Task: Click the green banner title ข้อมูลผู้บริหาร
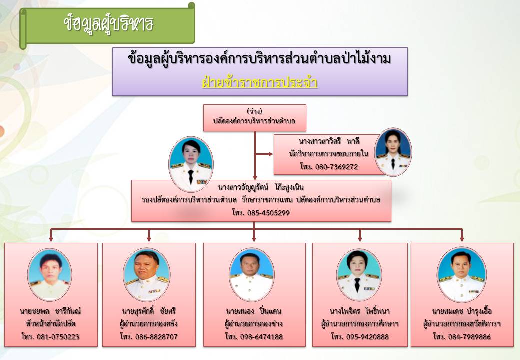[109, 24]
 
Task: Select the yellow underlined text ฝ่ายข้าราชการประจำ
[260, 83]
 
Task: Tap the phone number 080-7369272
[337, 166]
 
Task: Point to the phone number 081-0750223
[58, 337]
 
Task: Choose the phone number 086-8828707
[156, 337]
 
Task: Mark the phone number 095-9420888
[368, 337]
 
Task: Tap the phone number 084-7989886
[469, 337]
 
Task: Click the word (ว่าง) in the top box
[254, 111]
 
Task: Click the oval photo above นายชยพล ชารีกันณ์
[49, 275]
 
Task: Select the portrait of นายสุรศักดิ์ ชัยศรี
[147, 275]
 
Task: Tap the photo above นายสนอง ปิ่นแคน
[251, 275]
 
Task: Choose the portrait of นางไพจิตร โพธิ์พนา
[359, 275]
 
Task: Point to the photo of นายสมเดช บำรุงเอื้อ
[462, 275]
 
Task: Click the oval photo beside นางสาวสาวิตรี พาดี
[393, 152]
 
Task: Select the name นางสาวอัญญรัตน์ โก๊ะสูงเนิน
[261, 187]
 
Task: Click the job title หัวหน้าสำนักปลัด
[51, 324]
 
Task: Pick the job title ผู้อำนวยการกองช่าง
[254, 324]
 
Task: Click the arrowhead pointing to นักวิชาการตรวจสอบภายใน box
[271, 154]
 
